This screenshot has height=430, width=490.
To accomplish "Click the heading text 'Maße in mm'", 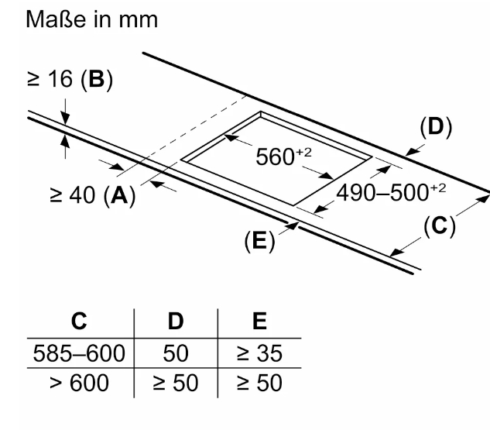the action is tap(92, 19).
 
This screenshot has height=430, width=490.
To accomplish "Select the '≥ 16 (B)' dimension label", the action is tap(70, 79).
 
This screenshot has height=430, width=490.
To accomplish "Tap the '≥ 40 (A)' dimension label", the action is tap(93, 195).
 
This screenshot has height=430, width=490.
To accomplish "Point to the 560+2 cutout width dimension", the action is tap(283, 157).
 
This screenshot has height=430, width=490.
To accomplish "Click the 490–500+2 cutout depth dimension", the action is tap(391, 192).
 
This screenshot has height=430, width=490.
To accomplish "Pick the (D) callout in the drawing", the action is tap(436, 127).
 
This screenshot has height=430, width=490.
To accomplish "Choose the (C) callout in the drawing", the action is tap(440, 225).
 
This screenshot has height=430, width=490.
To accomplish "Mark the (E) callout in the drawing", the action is tap(259, 240).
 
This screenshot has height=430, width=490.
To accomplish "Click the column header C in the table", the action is tap(79, 321).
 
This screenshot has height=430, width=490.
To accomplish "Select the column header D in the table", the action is tap(176, 321).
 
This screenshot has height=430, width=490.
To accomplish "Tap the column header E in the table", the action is tap(259, 321).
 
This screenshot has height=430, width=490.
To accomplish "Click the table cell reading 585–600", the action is tap(79, 353).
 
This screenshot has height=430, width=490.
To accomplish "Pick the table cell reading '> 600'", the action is tap(79, 383).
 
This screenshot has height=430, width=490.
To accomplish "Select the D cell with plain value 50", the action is tap(176, 353).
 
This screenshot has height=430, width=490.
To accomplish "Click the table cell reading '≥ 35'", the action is tap(259, 353).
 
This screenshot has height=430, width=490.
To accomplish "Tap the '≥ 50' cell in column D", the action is tap(176, 383).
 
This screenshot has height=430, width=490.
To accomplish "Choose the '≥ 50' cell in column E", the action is tap(259, 383).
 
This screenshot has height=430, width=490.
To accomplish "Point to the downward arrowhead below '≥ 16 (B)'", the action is tap(65, 119).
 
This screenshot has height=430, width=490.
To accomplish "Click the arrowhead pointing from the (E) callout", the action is tap(293, 225).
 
